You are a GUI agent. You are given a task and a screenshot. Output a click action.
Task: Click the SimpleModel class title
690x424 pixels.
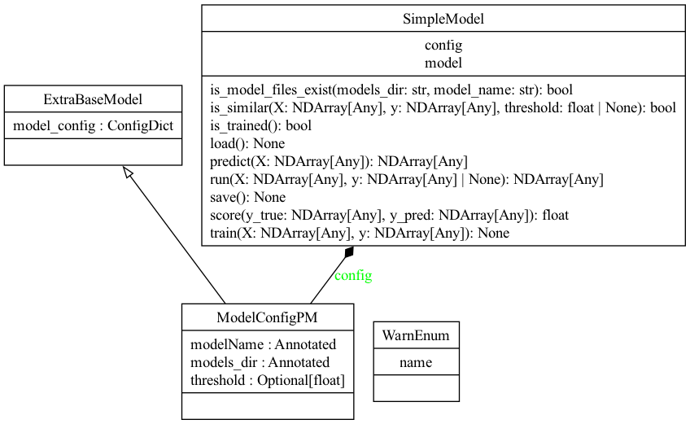443,19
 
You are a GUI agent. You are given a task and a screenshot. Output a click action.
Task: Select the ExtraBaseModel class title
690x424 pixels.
93,99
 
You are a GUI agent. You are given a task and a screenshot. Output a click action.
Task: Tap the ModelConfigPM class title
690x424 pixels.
267,317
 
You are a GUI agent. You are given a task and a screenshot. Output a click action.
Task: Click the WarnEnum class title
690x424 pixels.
416,335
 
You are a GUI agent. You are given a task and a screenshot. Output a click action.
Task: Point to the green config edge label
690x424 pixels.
353,276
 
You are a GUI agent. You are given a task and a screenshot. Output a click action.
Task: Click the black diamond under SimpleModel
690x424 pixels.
349,253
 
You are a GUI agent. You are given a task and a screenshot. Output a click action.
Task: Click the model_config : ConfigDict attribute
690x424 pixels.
93,126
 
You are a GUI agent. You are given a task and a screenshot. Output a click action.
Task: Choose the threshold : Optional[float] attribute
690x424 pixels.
267,380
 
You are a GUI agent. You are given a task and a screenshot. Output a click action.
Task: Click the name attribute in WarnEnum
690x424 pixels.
416,362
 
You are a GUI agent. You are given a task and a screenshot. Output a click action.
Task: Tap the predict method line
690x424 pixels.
338,162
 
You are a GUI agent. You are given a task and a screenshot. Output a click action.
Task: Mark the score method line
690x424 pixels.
389,216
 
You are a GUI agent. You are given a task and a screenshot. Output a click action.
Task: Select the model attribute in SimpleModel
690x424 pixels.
443,63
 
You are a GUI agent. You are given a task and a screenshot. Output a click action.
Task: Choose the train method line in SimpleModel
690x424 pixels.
359,234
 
